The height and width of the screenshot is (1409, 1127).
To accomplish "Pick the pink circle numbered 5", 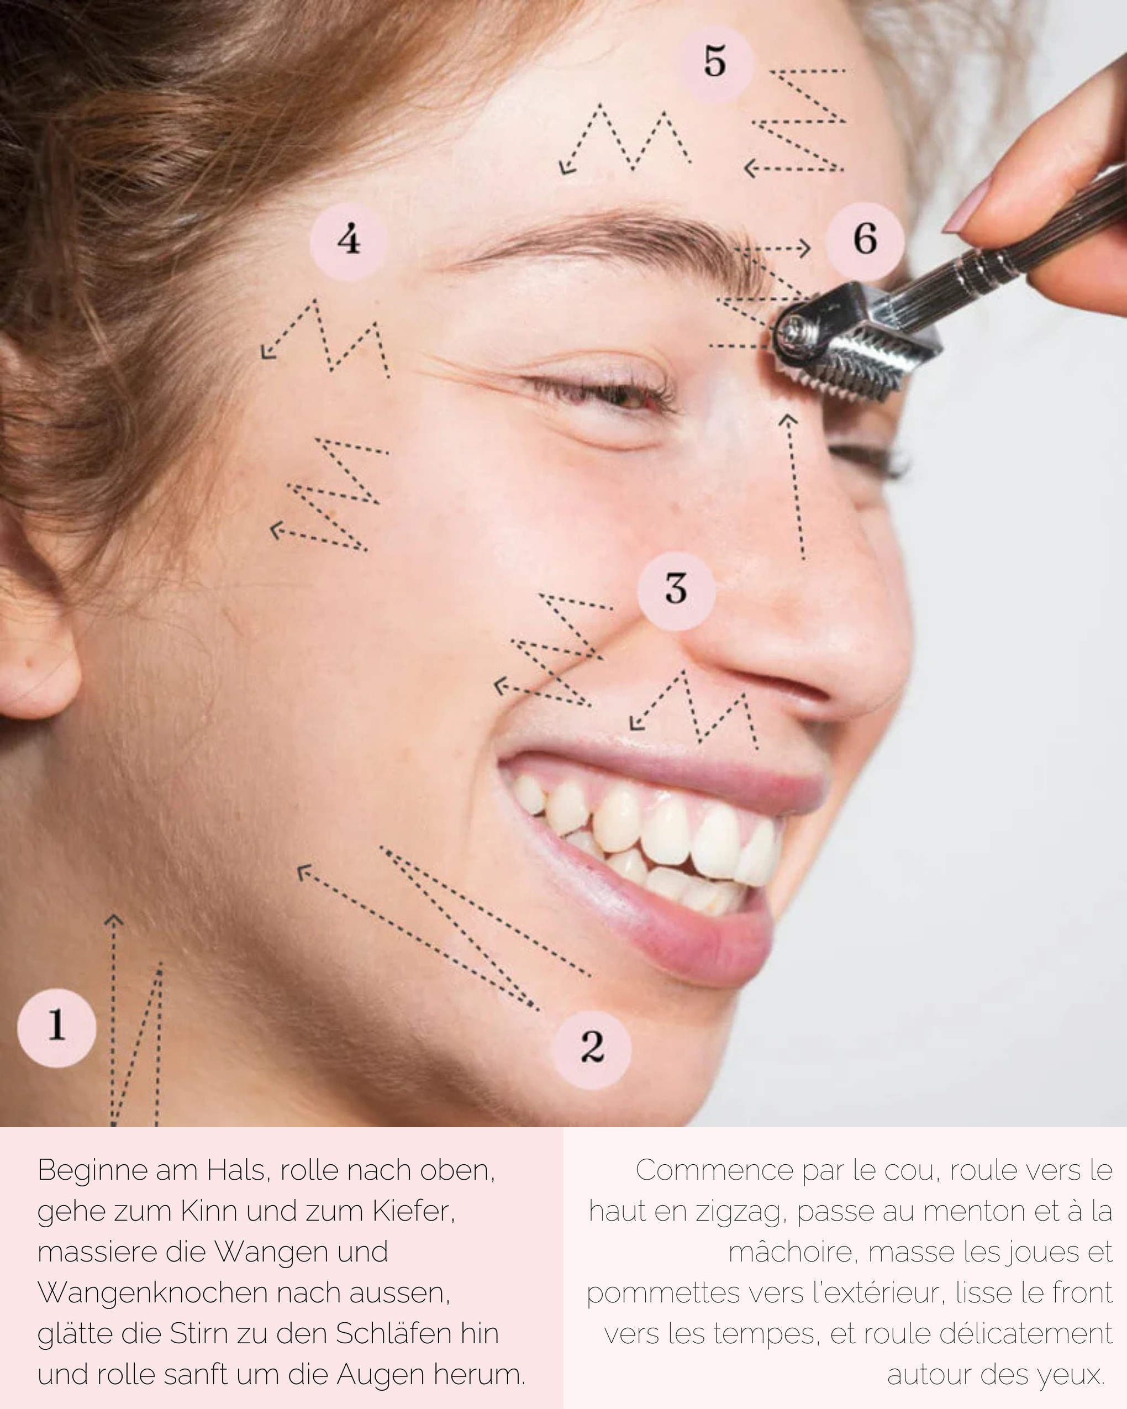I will pos(715,64).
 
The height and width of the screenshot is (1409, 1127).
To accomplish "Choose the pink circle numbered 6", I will pos(865,240).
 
